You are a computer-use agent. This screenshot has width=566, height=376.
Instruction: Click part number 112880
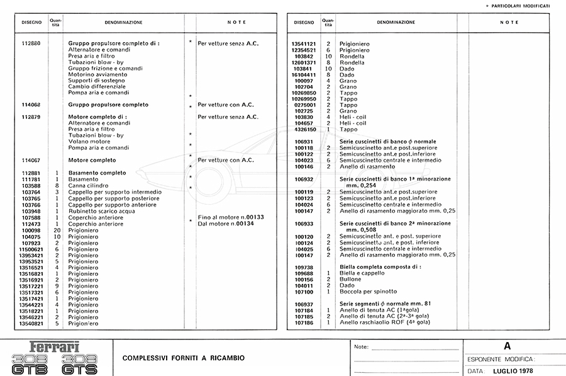coord(31,44)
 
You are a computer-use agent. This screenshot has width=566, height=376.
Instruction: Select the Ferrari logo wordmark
coord(55,347)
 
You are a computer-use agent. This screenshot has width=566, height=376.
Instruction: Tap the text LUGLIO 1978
coord(517,371)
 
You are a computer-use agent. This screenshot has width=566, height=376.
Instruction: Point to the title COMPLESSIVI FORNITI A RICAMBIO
coord(184,358)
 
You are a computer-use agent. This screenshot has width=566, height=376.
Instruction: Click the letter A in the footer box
coord(508,346)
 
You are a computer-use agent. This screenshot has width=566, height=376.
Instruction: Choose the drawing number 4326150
coord(304,129)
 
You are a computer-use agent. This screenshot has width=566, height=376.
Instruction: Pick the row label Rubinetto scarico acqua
coord(101,211)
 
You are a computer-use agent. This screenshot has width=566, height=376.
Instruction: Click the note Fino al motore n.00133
coord(231,217)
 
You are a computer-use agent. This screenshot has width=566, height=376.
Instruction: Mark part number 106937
coord(304,304)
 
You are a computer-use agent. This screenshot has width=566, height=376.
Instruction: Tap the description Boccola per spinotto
coord(369,292)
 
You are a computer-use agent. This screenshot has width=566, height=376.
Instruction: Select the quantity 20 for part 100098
coord(57,230)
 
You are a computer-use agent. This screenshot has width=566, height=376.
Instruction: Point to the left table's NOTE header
coord(236,22)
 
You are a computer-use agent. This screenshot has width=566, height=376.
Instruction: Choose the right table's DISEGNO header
coord(304,22)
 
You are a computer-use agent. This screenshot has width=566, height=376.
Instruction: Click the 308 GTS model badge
coord(80,363)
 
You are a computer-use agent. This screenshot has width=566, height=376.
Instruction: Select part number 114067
coord(31,160)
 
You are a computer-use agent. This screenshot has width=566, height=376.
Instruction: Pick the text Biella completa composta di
coord(380,267)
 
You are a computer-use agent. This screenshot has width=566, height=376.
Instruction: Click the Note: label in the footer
coord(362,347)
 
